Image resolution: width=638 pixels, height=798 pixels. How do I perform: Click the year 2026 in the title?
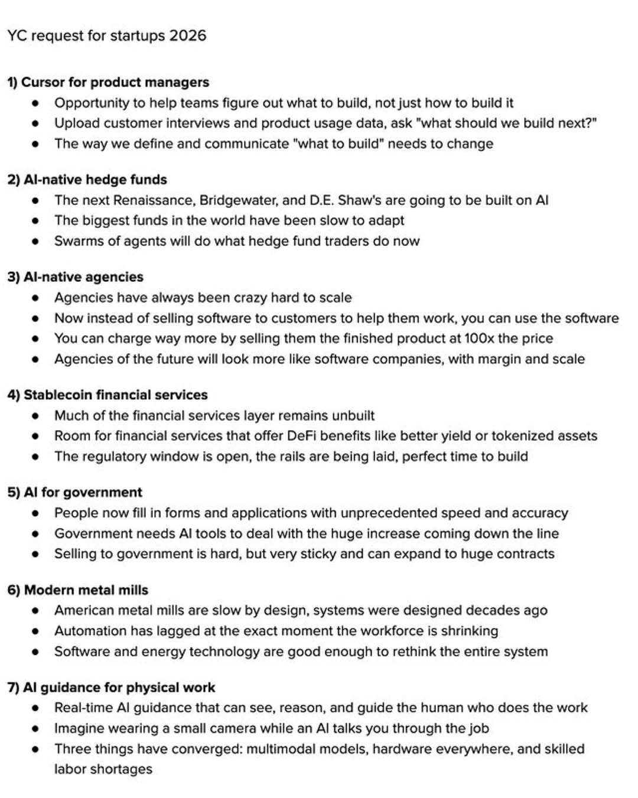187,35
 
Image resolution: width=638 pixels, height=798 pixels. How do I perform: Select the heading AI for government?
75,493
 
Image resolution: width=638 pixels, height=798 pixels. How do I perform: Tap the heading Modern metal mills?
78,590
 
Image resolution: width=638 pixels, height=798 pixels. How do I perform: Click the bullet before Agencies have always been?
35,298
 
